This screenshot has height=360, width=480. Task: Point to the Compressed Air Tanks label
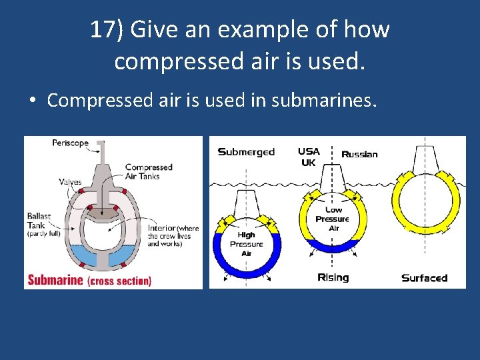pos(148,171)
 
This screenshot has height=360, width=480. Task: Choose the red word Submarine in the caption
pos(55,280)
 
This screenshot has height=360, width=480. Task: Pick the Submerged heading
pos(246,152)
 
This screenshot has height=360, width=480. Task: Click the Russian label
pos(359,155)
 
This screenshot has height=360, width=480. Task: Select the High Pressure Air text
pos(246,244)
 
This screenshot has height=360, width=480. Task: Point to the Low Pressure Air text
pos(332,219)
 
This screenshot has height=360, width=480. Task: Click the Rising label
pos(333,277)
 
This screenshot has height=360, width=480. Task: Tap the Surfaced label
pos(424,277)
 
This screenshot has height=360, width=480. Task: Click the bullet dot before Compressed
pos(31,101)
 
